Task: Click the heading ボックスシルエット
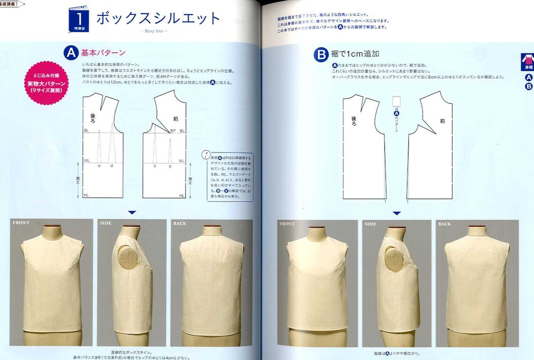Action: coord(158,18)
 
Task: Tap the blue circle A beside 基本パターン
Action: coord(71,53)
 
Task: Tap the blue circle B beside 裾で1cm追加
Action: coord(321,55)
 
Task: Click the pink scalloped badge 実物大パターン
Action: coord(47,83)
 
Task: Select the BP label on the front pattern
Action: coord(173,131)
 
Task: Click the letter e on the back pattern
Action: coord(99,166)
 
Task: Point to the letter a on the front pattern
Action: coord(170,166)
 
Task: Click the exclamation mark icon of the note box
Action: coord(207,155)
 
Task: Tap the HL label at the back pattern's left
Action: coord(86,195)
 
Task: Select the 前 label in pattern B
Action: coord(442,121)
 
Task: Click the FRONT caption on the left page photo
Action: coord(21,223)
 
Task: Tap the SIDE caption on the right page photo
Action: coord(371,224)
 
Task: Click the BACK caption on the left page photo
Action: coord(180,223)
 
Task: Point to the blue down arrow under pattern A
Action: coord(132,213)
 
